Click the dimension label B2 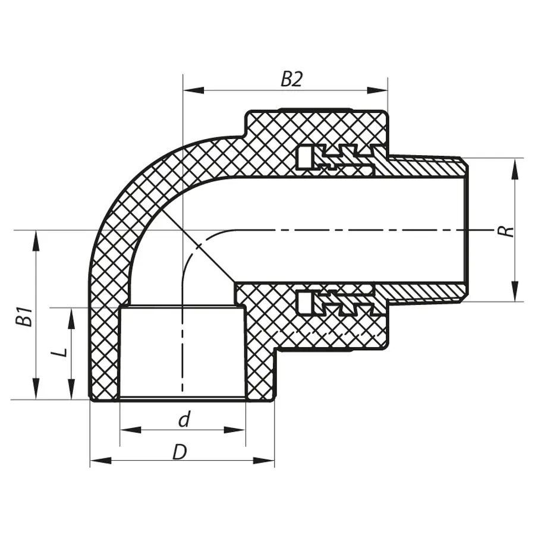(x=291, y=79)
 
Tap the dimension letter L (x=59, y=353)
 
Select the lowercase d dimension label (x=184, y=420)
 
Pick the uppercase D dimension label (x=180, y=452)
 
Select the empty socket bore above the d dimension (x=181, y=351)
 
